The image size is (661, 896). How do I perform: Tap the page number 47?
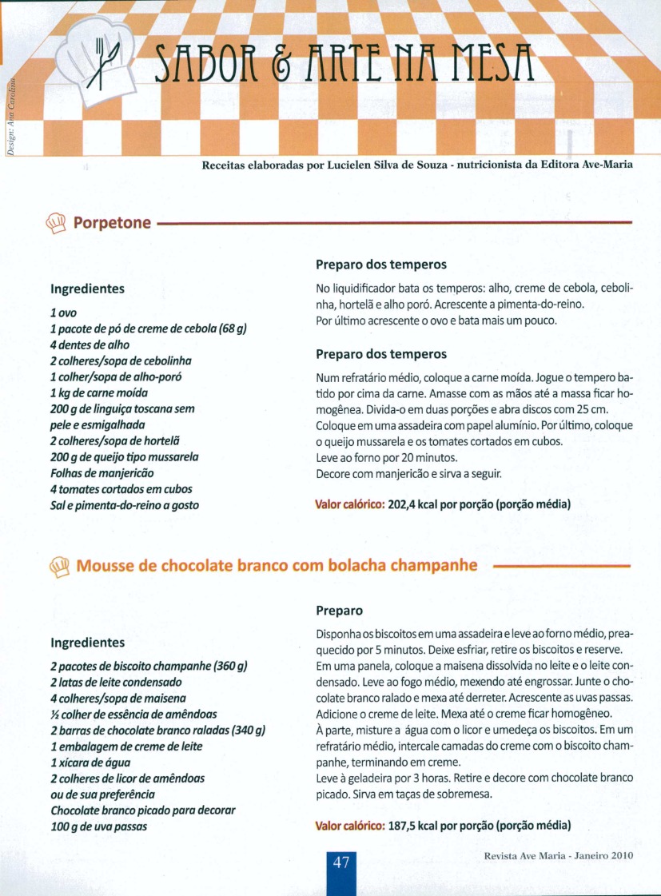pos(342,863)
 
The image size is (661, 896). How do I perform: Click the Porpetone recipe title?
pos(112,222)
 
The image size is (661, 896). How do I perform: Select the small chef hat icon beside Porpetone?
pos(58,221)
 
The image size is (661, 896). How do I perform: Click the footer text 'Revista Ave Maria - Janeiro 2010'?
pos(558,855)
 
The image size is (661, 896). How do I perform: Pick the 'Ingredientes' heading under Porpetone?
pos(87,288)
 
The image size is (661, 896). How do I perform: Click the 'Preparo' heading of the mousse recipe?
pos(339,611)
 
